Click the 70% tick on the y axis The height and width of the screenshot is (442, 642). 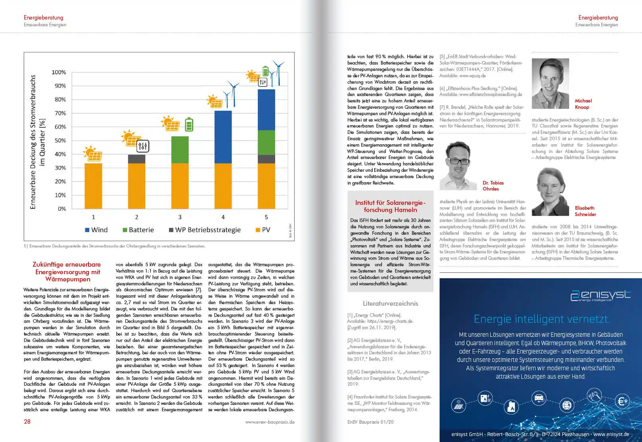click(x=60, y=113)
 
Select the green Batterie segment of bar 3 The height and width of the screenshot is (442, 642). click(x=180, y=150)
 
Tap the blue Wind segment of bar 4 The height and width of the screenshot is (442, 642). click(x=223, y=137)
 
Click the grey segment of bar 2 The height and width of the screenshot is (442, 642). click(x=136, y=159)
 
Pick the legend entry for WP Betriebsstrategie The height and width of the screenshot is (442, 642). click(x=204, y=230)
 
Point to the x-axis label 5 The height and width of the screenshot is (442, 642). click(x=266, y=217)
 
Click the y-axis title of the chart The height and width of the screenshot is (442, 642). click(x=37, y=142)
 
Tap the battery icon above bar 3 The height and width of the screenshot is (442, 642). click(x=189, y=124)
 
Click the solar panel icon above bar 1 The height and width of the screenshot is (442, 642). click(x=92, y=153)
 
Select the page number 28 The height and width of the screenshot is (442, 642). click(x=27, y=422)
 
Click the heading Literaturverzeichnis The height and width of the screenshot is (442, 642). click(x=390, y=303)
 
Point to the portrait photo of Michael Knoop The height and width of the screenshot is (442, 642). click(x=550, y=83)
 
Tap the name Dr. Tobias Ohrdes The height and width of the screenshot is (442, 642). click(x=493, y=186)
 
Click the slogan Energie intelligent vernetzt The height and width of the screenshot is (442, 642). click(x=541, y=319)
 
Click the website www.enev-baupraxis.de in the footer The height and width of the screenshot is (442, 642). click(x=270, y=422)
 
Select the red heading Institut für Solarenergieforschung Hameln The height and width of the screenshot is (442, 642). click(x=390, y=206)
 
